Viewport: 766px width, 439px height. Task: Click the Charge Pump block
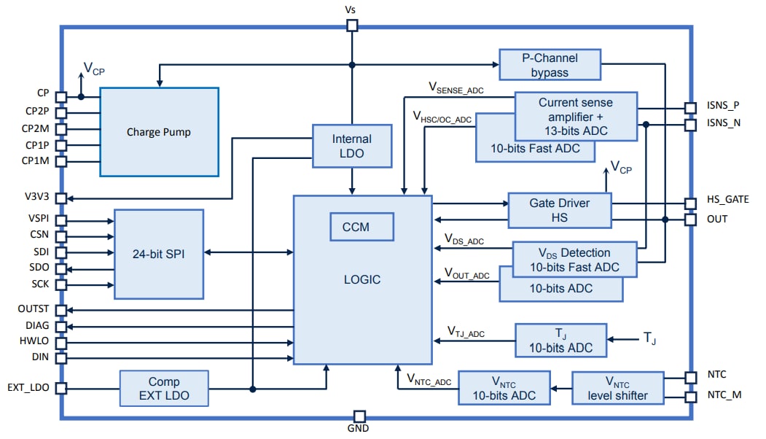tap(159, 132)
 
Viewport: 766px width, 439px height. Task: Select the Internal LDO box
tap(352, 146)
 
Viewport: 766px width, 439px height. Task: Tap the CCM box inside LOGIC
tap(361, 227)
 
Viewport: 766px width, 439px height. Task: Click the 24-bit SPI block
tap(159, 253)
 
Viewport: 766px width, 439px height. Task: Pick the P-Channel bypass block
tap(550, 65)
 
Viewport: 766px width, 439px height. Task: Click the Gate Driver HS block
tap(559, 210)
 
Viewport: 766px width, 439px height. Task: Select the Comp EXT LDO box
tap(164, 389)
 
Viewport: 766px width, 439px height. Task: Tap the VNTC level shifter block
tap(618, 389)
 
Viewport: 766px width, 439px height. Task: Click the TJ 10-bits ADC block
tap(560, 340)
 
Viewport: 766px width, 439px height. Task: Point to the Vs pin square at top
tap(352, 26)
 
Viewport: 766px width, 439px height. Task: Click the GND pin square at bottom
tap(359, 416)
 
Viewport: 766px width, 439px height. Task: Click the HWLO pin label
tap(34, 341)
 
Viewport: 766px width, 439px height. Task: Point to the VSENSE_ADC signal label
tap(456, 90)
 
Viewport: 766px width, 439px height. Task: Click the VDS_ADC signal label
tap(464, 240)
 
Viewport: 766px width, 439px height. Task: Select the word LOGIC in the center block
tap(361, 279)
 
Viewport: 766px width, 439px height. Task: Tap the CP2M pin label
tap(34, 128)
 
